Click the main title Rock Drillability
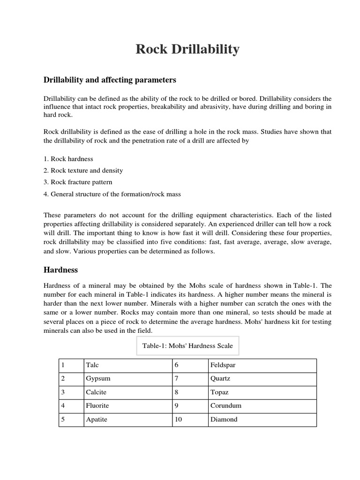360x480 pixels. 187,49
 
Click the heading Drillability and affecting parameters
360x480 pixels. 110,80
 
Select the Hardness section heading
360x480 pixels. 60,270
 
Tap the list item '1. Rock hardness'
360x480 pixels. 68,159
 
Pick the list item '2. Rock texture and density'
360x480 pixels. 83,171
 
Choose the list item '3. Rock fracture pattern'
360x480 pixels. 78,182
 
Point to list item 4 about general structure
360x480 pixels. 112,194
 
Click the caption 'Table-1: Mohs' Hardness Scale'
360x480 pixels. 187,346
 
